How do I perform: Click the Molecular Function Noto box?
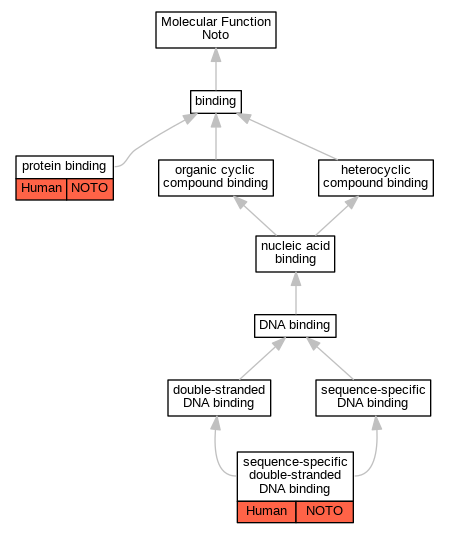pos(216,30)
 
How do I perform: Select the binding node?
pos(216,102)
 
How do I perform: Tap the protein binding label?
pos(64,167)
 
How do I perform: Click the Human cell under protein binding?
pos(41,189)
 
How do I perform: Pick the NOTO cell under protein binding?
pos(90,189)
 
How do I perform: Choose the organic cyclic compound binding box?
pos(216,178)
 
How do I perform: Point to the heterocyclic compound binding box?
pos(376,178)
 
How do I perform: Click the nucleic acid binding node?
pos(295,254)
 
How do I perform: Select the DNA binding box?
pos(295,326)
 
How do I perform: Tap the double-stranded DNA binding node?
pos(219,398)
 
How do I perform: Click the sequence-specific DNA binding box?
pos(373,398)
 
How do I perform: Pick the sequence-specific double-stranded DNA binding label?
pos(295,476)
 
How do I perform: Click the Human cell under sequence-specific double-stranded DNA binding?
pos(266,512)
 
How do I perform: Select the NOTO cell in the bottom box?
pos(325,512)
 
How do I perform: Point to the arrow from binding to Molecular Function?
pos(216,69)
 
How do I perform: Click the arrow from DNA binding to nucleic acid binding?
pos(296,293)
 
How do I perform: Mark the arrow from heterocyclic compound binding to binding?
pos(286,136)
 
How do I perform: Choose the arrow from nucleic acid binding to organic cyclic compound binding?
pos(255,216)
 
